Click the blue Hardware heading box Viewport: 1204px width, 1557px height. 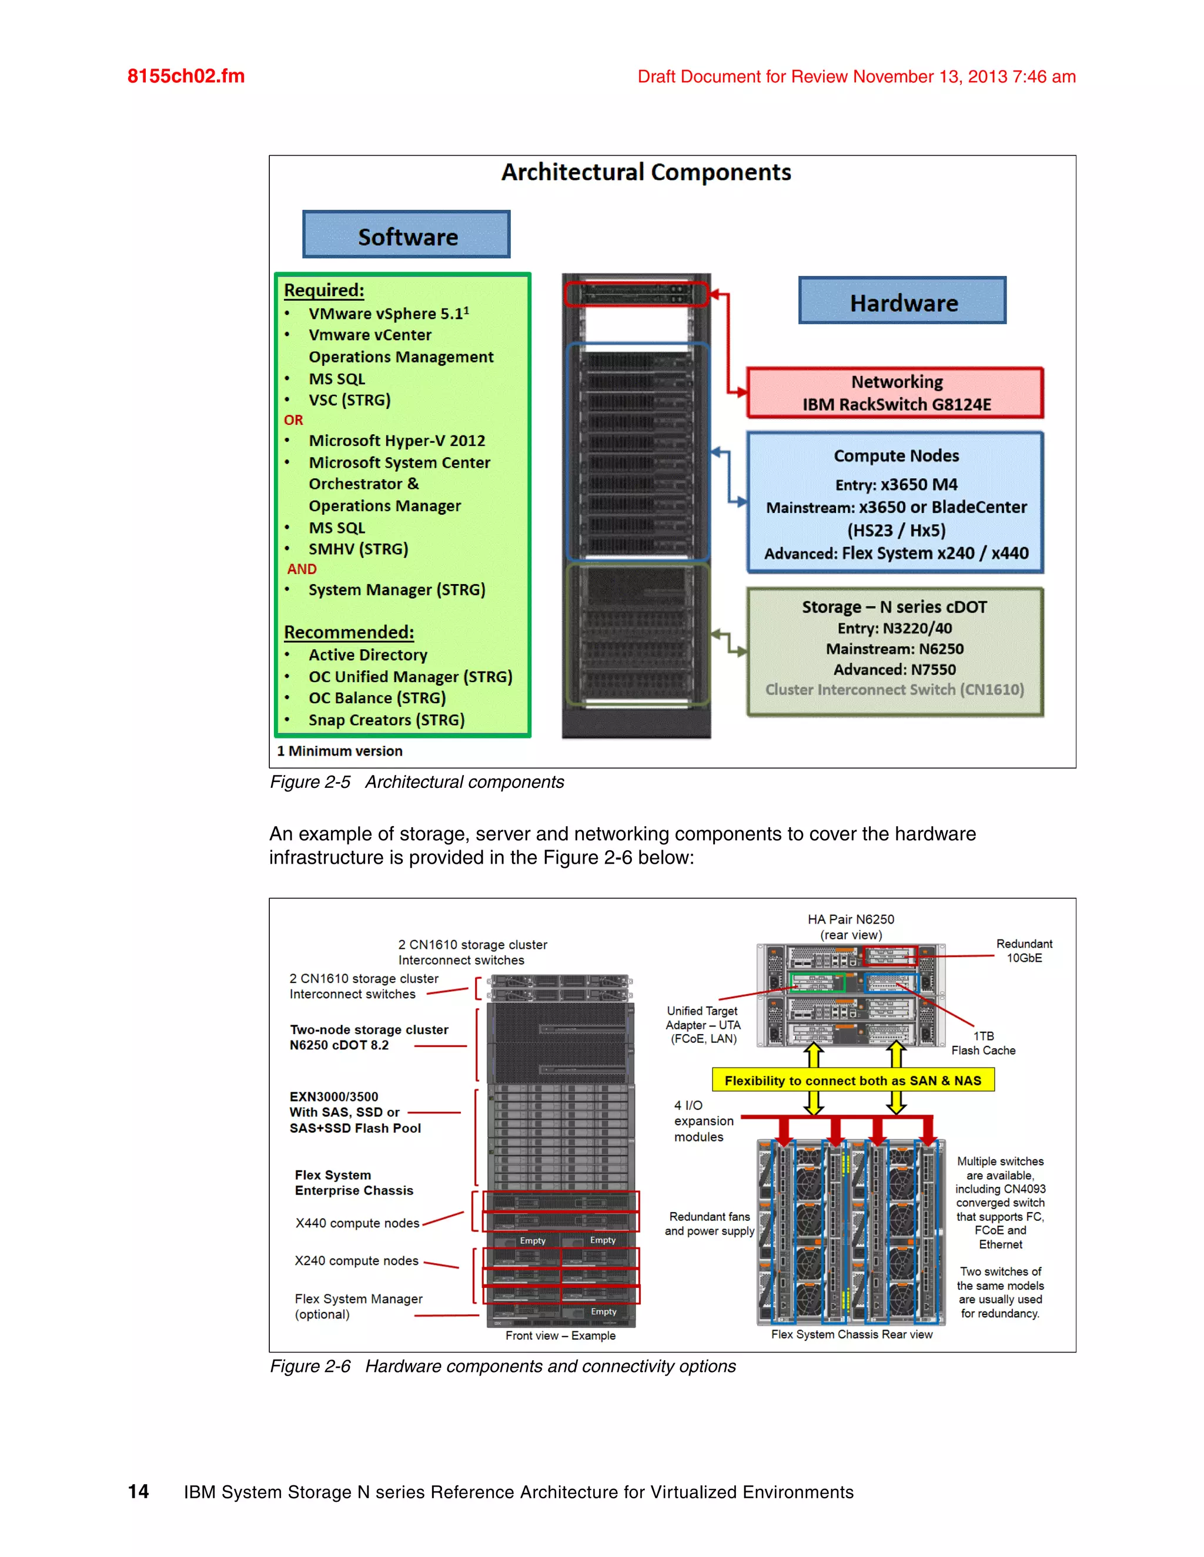[x=902, y=301]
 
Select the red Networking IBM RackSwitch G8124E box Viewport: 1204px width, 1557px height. [x=895, y=393]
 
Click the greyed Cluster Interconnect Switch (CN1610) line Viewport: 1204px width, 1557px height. [x=894, y=689]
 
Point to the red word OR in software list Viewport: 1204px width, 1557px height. [x=293, y=420]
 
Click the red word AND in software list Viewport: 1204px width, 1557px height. [x=302, y=569]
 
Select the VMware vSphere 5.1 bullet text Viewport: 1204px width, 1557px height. [x=388, y=314]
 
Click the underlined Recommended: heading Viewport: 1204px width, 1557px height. [x=349, y=632]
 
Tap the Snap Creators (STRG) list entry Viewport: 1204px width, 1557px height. [x=386, y=720]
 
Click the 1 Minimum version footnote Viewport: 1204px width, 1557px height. [x=340, y=751]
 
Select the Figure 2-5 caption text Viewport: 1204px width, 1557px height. [x=417, y=782]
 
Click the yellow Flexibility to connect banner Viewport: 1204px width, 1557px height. [x=852, y=1080]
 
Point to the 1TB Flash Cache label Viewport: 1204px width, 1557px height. [x=983, y=1043]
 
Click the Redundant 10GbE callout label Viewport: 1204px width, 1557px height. [x=1024, y=950]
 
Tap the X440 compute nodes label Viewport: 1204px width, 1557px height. [x=357, y=1223]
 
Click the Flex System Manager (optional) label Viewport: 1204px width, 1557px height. [x=358, y=1306]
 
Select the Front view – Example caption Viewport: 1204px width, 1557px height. [x=560, y=1335]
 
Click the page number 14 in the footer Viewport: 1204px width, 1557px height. [x=138, y=1491]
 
